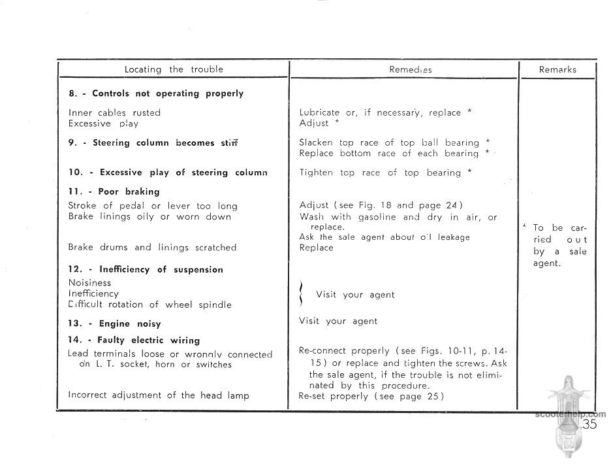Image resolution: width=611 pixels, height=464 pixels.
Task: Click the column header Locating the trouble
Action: pos(174,69)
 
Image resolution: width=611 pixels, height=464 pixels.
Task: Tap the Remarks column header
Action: pos(557,69)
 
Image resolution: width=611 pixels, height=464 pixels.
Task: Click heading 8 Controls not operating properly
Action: pos(156,93)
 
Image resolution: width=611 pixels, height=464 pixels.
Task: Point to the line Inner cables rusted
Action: pos(114,112)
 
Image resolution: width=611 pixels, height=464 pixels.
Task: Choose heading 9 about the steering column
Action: pos(153,142)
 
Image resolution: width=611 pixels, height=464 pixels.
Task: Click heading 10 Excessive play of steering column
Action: pos(168,173)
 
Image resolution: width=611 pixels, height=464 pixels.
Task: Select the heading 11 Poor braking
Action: pos(114,191)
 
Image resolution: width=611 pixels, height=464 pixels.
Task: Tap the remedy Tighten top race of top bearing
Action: pos(385,173)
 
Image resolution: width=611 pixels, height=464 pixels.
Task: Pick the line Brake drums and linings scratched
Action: pos(152,248)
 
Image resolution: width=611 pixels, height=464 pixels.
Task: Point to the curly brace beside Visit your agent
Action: pos(302,294)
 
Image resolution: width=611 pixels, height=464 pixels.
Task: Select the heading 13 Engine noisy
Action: pos(115,323)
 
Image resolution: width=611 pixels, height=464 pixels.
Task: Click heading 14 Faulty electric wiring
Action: pos(134,340)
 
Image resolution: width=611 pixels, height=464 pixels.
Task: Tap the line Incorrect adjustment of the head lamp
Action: pos(159,395)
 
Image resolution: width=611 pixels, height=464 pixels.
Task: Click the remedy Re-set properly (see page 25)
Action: pos(371,396)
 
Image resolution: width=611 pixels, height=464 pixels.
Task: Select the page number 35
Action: pos(589,424)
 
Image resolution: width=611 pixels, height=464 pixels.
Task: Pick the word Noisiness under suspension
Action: pos(89,283)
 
